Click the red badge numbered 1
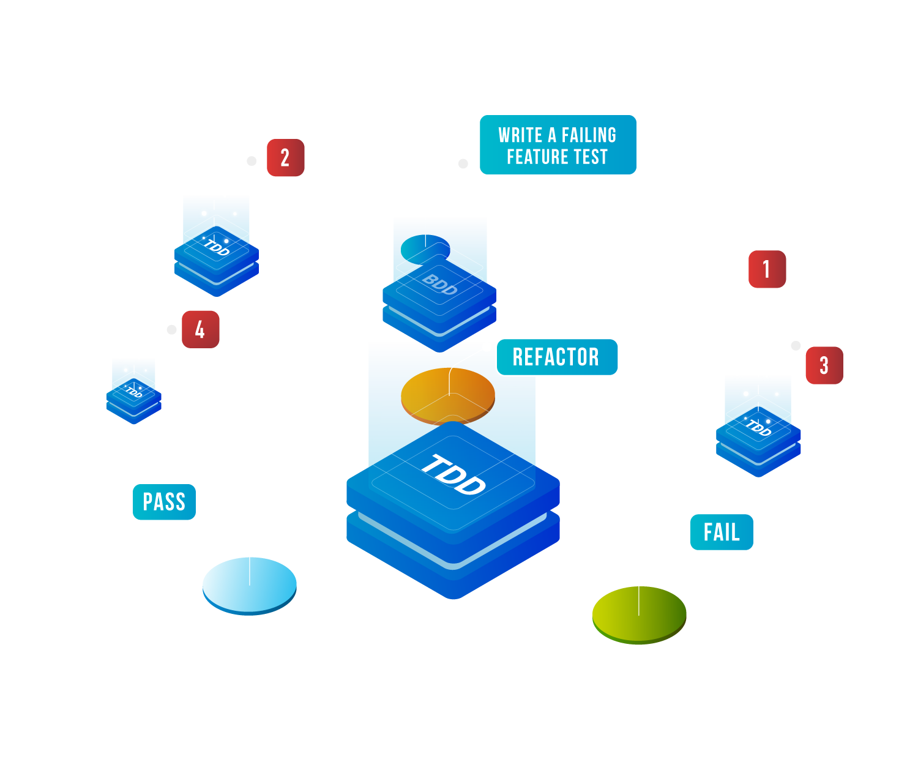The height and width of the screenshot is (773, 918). (x=767, y=269)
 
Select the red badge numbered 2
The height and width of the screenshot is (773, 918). (x=285, y=158)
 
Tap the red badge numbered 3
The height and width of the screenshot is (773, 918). (x=824, y=365)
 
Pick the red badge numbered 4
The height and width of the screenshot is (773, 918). (x=200, y=330)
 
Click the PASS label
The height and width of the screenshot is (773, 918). (x=164, y=502)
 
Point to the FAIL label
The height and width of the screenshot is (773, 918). (x=722, y=532)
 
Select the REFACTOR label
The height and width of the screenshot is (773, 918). (x=556, y=357)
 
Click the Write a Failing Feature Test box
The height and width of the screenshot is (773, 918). (x=558, y=145)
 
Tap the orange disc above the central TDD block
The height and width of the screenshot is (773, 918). (x=447, y=395)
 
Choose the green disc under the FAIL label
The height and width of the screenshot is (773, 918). (x=639, y=614)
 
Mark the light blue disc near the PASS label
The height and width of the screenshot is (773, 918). (x=249, y=584)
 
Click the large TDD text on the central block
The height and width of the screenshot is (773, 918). (x=453, y=475)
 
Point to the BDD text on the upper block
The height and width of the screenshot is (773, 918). (x=439, y=285)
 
